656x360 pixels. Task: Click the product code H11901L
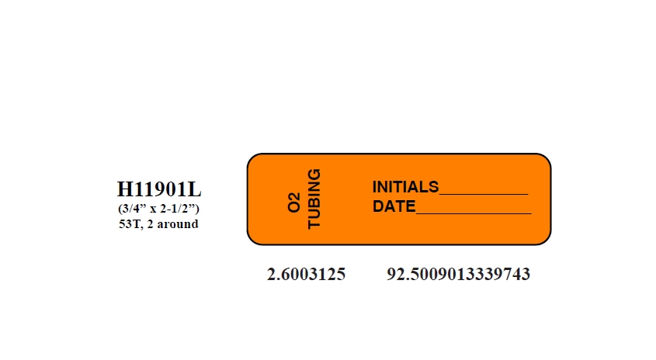pyautogui.click(x=159, y=189)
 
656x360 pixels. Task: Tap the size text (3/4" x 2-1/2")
pyautogui.click(x=158, y=208)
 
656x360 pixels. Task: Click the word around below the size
pyautogui.click(x=177, y=224)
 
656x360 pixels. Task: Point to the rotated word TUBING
pyautogui.click(x=314, y=199)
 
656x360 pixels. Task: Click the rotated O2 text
pyautogui.click(x=294, y=202)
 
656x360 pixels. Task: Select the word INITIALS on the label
pyautogui.click(x=405, y=187)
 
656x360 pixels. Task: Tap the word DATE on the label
pyautogui.click(x=394, y=206)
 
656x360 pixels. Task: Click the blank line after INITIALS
pyautogui.click(x=484, y=194)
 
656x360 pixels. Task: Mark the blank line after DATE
pyautogui.click(x=474, y=213)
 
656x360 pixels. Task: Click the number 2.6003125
pyautogui.click(x=306, y=275)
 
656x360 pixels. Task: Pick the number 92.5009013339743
pyautogui.click(x=459, y=275)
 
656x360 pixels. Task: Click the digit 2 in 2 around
pyautogui.click(x=150, y=224)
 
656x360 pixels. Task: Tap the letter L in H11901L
pyautogui.click(x=195, y=189)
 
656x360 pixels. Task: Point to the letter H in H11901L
pyautogui.click(x=124, y=189)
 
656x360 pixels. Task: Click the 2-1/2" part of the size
pyautogui.click(x=179, y=208)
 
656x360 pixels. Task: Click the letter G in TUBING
pyautogui.click(x=314, y=175)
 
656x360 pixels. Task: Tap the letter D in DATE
pyautogui.click(x=378, y=206)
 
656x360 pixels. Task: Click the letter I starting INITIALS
pyautogui.click(x=374, y=187)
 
